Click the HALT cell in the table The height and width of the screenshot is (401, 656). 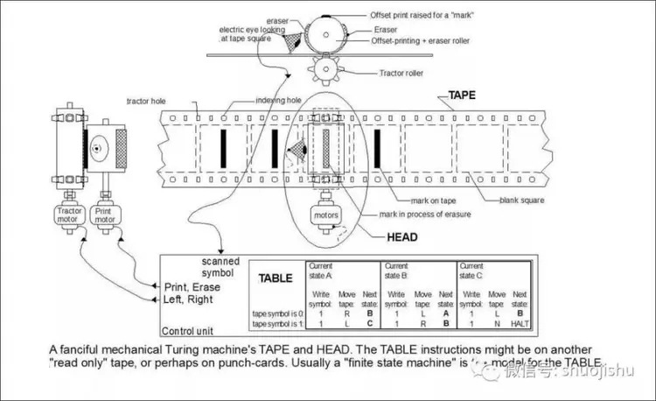pyautogui.click(x=521, y=323)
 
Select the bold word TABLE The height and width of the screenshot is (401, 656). pyautogui.click(x=276, y=278)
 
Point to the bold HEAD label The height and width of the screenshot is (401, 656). pyautogui.click(x=402, y=236)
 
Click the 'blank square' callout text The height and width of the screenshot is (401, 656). pyautogui.click(x=523, y=200)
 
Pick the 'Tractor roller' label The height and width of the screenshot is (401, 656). pyautogui.click(x=404, y=74)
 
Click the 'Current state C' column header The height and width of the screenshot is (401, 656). pyautogui.click(x=471, y=270)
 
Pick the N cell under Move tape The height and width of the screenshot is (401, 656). pyautogui.click(x=497, y=323)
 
